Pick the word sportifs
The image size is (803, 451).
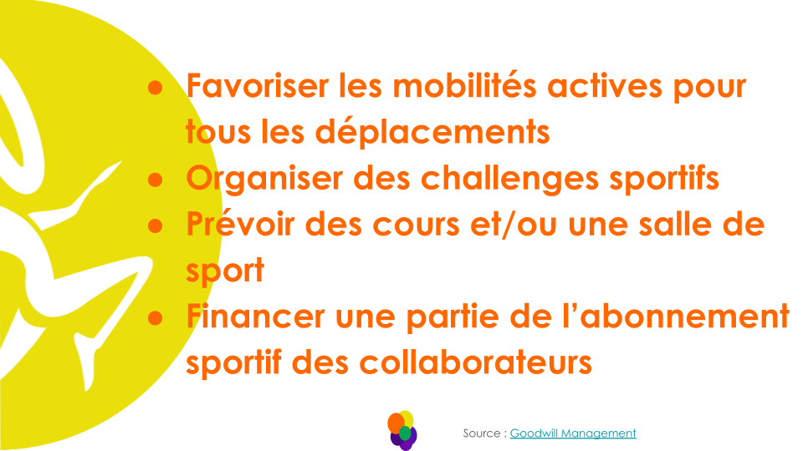coord(670,179)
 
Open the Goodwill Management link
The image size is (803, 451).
coord(573,433)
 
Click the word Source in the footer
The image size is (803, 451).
coord(483,433)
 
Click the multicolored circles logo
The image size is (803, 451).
coord(403,430)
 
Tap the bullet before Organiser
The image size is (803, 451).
coord(154,180)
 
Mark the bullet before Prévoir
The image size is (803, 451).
coord(154,225)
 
